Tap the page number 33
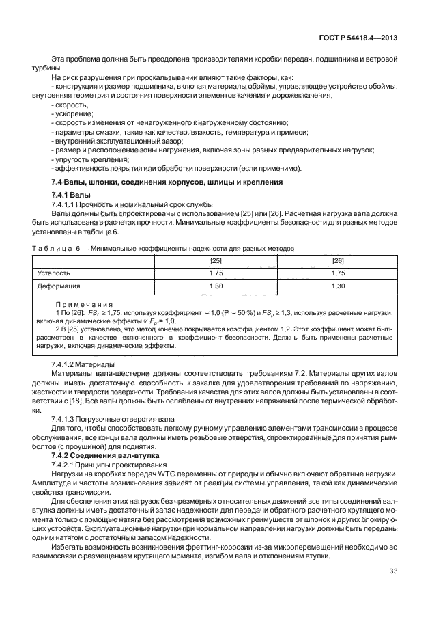pyautogui.click(x=393, y=571)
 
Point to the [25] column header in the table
pyautogui.click(x=215, y=260)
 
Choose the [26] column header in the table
pyautogui.click(x=337, y=260)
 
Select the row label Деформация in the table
pyautogui.click(x=58, y=286)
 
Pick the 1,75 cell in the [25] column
pyautogui.click(x=215, y=273)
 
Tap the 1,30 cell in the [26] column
pyautogui.click(x=337, y=286)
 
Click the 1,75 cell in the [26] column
pyautogui.click(x=337, y=273)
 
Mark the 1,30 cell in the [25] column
pyautogui.click(x=215, y=286)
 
